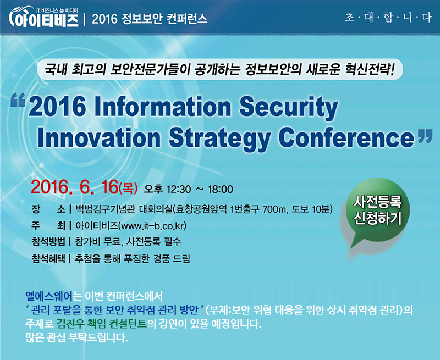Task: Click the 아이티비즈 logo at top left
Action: click(44, 18)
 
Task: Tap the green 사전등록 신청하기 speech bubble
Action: click(376, 213)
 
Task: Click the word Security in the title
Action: click(289, 107)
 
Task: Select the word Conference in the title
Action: click(346, 137)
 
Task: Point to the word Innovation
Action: click(99, 137)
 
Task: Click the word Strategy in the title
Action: click(219, 138)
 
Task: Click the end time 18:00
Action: click(221, 189)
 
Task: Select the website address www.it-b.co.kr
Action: click(152, 226)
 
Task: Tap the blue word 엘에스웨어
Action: click(49, 296)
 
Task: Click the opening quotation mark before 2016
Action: click(18, 101)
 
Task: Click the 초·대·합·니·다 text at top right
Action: click(388, 18)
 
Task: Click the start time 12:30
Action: click(179, 189)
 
